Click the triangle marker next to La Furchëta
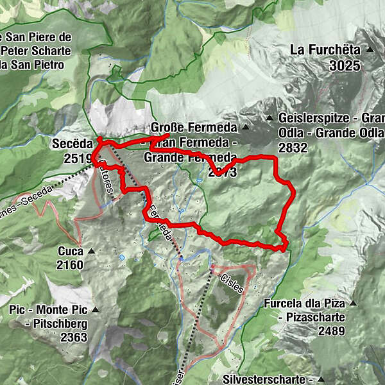[x=370, y=49]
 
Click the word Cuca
[x=70, y=251]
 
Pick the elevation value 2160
[x=70, y=265]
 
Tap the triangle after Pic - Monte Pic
[x=96, y=310]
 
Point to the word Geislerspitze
[x=311, y=119]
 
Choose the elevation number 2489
[x=331, y=331]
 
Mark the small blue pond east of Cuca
[x=121, y=257]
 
